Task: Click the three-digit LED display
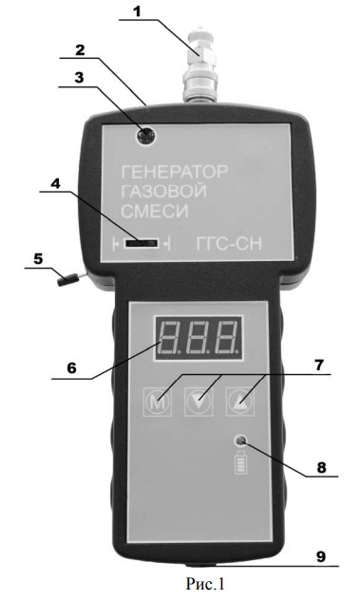pos(198,337)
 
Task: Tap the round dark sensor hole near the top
pos(145,136)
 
